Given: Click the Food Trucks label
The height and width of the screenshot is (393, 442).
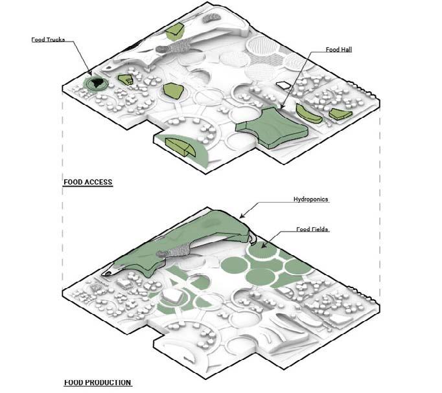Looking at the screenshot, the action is pos(48,40).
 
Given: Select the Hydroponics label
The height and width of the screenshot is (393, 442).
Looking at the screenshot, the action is pos(310,199).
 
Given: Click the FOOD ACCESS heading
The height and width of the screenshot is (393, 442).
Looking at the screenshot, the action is pos(88,182).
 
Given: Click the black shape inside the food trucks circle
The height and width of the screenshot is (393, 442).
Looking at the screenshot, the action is pos(97,83).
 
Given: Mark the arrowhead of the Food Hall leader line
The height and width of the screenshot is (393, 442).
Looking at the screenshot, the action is pos(281,106).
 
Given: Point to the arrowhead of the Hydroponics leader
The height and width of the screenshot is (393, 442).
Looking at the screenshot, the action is pos(241,216).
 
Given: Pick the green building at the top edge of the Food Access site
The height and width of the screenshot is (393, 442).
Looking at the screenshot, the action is pos(174,31).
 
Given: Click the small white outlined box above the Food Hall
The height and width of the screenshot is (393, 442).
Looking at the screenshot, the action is pos(283,85).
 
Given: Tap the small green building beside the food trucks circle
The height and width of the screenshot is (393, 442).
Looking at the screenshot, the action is pos(125,80).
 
